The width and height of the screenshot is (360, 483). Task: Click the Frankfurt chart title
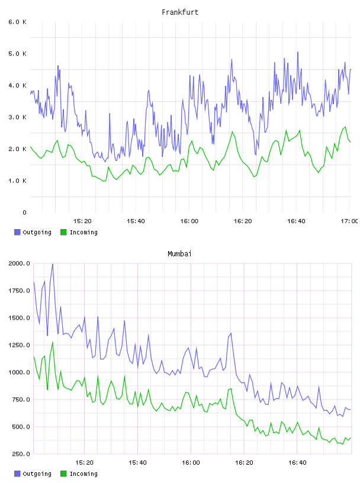[x=180, y=12]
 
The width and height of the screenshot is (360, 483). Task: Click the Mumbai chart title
[x=179, y=253]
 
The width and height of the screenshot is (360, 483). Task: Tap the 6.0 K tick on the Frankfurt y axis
[x=17, y=22]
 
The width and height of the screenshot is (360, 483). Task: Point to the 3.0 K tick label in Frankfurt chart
[x=17, y=117]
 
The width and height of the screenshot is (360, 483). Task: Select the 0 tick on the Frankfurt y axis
[x=24, y=212]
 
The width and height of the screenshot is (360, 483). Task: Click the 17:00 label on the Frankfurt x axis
[x=349, y=221]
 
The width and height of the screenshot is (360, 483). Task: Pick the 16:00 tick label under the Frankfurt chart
[x=189, y=221]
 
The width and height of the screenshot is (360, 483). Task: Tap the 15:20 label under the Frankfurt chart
[x=82, y=221]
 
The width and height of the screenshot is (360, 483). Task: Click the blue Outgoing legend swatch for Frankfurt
[x=17, y=232]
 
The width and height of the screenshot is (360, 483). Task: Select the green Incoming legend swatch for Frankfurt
[x=63, y=232]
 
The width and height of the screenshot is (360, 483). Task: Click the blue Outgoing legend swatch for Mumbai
[x=17, y=474]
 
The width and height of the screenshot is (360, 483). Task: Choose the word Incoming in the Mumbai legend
[x=83, y=474]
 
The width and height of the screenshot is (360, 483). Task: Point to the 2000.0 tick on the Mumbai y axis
[x=19, y=263]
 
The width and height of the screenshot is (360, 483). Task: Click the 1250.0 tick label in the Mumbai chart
[x=19, y=345]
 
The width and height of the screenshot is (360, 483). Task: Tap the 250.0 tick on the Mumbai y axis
[x=21, y=454]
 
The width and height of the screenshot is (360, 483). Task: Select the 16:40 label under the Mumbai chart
[x=297, y=462]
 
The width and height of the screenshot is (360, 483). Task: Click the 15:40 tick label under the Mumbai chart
[x=137, y=462]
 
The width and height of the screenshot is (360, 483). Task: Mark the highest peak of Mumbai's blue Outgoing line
[x=53, y=264]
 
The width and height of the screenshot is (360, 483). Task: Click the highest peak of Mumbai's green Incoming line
[x=53, y=342]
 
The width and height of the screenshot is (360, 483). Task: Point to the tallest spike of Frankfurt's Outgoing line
[x=298, y=52]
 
